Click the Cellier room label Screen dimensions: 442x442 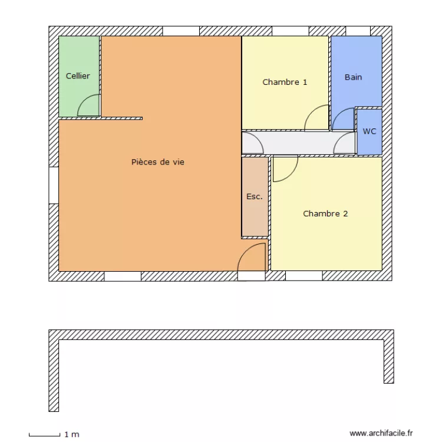pos(78,76)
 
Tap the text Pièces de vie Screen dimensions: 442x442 pos(157,162)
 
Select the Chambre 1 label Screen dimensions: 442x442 pos(285,83)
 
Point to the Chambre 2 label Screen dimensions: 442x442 pos(325,214)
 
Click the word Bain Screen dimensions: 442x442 pos(354,77)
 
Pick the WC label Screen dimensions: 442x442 pos(370,131)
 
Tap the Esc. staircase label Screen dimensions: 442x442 pos(255,197)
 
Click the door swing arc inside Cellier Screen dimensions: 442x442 pos(88,106)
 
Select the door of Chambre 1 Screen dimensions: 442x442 pos(316,118)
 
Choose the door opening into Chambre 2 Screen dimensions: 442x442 pos(284,168)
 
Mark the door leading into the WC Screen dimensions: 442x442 pos(344,144)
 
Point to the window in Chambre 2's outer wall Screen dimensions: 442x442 pos(303,276)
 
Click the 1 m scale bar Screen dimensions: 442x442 pos(45,435)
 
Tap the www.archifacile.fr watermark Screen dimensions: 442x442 pos(381,433)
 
